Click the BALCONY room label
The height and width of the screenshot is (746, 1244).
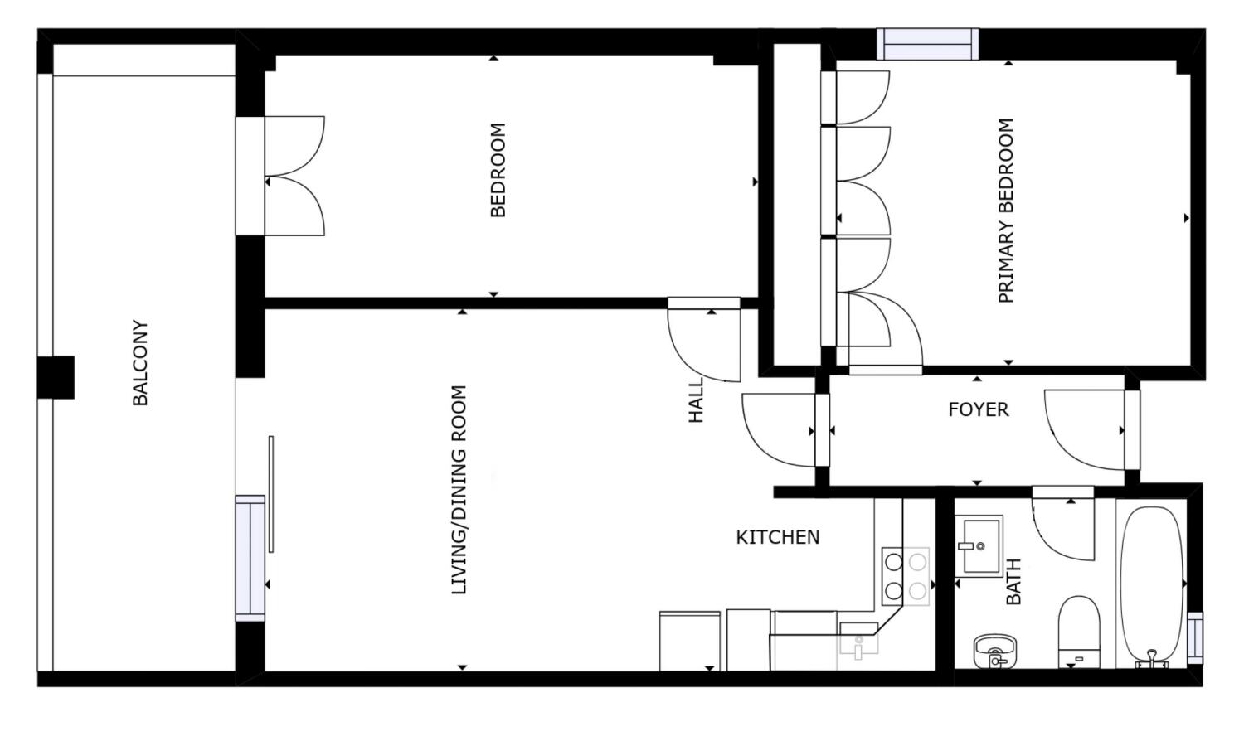[x=140, y=363]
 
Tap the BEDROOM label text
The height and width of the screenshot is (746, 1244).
[x=498, y=170]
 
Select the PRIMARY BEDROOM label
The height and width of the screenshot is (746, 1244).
[x=1006, y=211]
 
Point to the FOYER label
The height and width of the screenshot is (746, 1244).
[x=979, y=409]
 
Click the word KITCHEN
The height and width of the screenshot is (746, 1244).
[x=778, y=537]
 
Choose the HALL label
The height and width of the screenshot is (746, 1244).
[x=696, y=400]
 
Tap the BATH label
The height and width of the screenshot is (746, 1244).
[x=1013, y=582]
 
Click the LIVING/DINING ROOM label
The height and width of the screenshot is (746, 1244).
[x=459, y=490]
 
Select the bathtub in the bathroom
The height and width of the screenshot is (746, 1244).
[x=1152, y=584]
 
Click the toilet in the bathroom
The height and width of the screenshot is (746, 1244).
[x=1078, y=630]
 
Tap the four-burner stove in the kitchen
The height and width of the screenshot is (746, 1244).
[x=905, y=576]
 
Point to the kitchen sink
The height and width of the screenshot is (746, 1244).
[x=858, y=640]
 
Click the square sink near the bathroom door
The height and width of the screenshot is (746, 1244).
[x=979, y=545]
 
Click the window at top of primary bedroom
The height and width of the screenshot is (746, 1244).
[x=927, y=44]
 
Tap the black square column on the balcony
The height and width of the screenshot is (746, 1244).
[x=56, y=377]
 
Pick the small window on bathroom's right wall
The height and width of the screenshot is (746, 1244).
[x=1194, y=637]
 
